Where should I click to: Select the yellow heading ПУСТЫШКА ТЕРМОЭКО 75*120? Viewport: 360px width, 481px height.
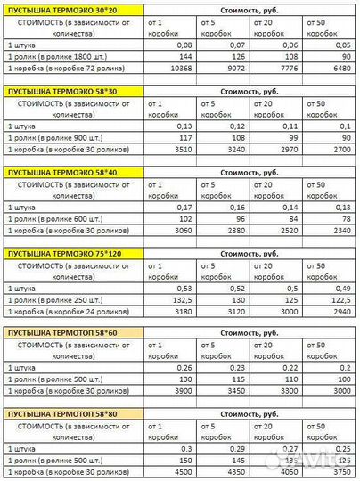coord(61,253)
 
